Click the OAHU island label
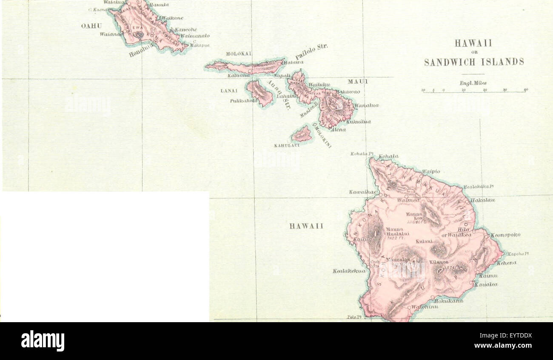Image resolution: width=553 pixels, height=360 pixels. tap(91, 26)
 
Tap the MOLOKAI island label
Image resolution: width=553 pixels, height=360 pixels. tap(239, 54)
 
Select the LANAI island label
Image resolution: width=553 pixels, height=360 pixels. tap(229, 91)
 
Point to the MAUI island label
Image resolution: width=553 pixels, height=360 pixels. tap(358, 81)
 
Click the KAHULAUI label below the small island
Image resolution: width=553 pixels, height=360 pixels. tap(287, 145)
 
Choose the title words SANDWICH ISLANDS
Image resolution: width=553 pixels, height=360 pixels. tap(474, 62)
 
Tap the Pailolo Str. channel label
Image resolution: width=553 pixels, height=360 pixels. tap(311, 52)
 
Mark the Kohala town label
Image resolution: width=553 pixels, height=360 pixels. tap(388, 156)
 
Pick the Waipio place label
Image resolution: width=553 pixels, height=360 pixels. tap(430, 171)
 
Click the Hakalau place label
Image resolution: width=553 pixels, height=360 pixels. tap(482, 200)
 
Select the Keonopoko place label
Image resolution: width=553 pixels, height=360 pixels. tap(505, 235)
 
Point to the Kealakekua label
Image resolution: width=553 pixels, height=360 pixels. tap(349, 271)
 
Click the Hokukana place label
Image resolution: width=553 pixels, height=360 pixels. tap(448, 300)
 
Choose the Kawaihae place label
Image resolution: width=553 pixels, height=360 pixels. tap(362, 192)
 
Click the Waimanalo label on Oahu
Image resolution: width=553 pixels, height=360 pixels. tap(194, 36)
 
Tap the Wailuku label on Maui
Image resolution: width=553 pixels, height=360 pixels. tap(319, 85)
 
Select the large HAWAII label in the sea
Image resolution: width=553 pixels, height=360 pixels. tap(306, 226)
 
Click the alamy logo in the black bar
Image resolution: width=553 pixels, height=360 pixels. tap(43, 341)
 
